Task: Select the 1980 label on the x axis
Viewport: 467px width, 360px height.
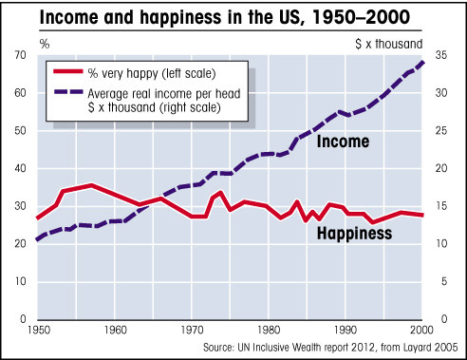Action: (x=269, y=329)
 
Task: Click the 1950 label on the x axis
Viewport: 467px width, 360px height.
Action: (x=40, y=329)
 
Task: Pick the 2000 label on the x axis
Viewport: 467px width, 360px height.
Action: (x=420, y=329)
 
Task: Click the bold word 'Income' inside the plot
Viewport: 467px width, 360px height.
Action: (x=343, y=142)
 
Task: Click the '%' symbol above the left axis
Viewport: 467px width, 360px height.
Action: (x=17, y=43)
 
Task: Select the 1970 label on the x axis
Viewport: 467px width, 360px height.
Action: (x=193, y=329)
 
